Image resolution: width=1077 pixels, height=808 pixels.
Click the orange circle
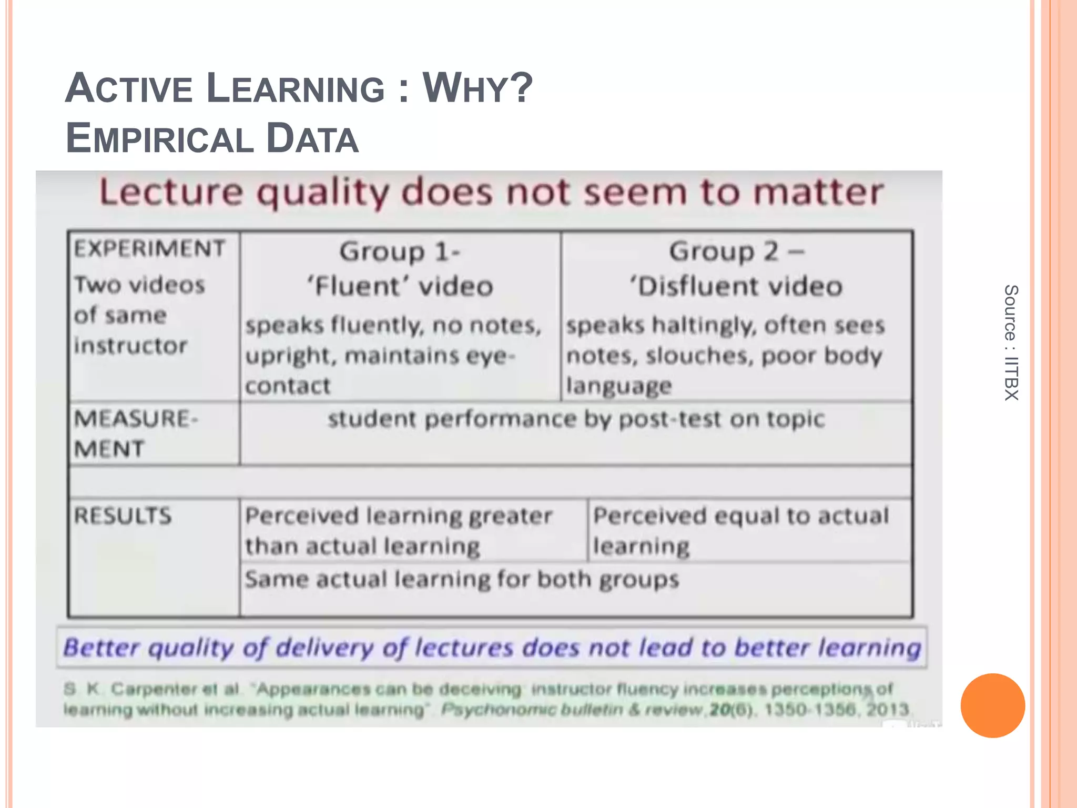pos(992,705)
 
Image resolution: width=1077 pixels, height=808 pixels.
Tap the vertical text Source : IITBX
pos(1011,342)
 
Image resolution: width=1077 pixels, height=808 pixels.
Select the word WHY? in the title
pos(477,88)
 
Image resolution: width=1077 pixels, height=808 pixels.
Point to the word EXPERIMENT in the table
pos(149,249)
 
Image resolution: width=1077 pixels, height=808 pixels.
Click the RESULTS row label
pos(123,516)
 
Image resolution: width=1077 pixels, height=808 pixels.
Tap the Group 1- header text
pos(400,251)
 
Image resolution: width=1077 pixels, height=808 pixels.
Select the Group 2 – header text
pos(736,251)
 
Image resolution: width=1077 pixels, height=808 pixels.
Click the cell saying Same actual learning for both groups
pos(462,580)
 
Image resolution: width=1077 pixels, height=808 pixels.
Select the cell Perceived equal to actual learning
pos(740,530)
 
